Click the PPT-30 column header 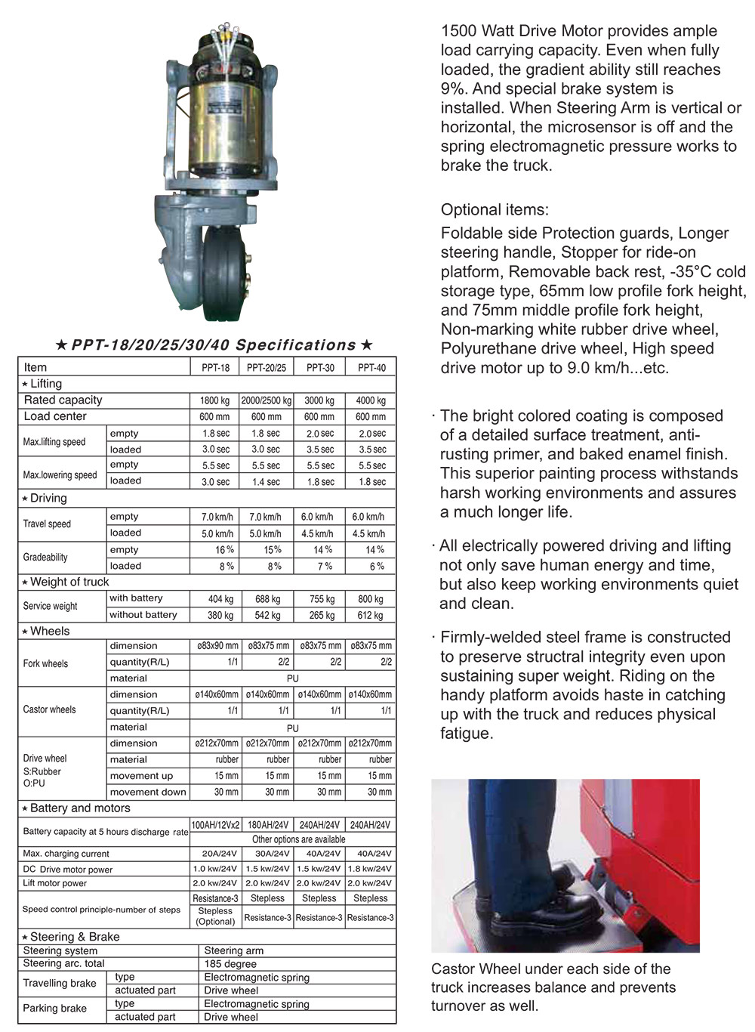tap(320, 368)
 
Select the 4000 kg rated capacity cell tap(371, 400)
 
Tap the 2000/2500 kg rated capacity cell tap(267, 400)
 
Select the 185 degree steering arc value tap(230, 964)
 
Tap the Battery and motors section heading tap(80, 808)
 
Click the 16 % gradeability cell tap(224, 550)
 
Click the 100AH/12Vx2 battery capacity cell tap(215, 825)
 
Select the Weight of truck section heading tap(69, 582)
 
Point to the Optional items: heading tap(495, 210)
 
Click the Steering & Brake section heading tap(75, 937)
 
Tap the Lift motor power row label tap(55, 883)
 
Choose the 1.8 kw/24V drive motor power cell tap(370, 869)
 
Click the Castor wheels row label tap(50, 709)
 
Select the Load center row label tap(55, 416)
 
